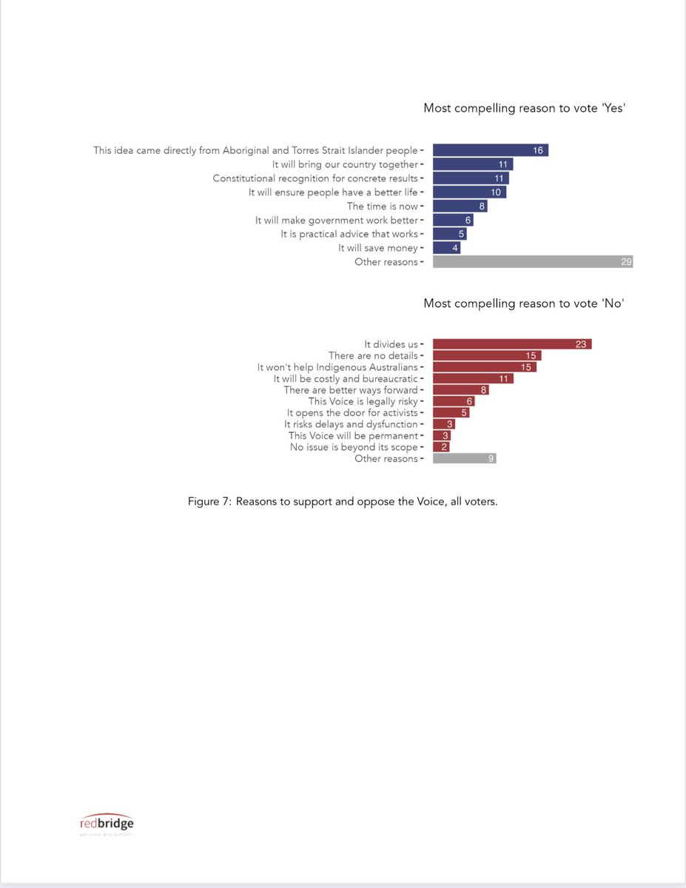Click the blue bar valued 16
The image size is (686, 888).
click(x=490, y=150)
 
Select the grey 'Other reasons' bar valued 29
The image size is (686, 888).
click(x=532, y=262)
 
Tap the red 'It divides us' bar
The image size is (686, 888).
click(x=511, y=344)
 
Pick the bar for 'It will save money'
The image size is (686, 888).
click(x=446, y=248)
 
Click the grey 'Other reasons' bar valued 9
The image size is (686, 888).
click(x=464, y=459)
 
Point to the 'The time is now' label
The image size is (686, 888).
click(x=382, y=206)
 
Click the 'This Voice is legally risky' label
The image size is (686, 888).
click(x=363, y=401)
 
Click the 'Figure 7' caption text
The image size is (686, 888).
click(x=343, y=502)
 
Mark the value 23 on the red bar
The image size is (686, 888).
click(x=581, y=344)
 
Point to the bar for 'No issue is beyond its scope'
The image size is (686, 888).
click(x=441, y=447)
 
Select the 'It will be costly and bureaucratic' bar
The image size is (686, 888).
click(x=472, y=378)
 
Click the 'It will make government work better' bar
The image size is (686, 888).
click(x=452, y=220)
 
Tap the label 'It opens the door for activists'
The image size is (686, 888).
click(x=352, y=413)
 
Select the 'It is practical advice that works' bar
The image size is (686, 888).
click(x=449, y=234)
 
